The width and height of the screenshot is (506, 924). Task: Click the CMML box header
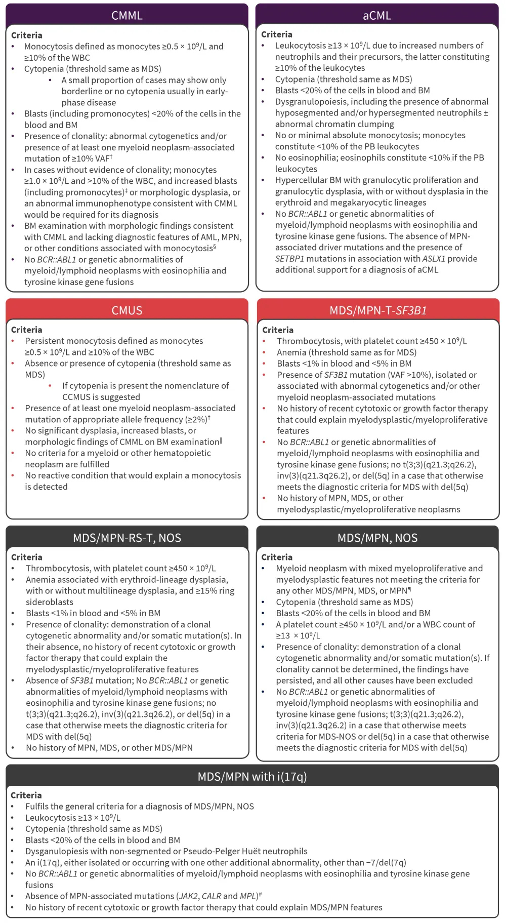pyautogui.click(x=126, y=15)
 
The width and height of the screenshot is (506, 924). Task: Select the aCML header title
pyautogui.click(x=377, y=15)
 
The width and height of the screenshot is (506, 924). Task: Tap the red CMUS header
pyautogui.click(x=126, y=310)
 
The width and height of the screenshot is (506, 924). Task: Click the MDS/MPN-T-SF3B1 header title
pyautogui.click(x=378, y=310)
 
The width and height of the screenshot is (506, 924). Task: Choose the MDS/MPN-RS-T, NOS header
pyautogui.click(x=126, y=538)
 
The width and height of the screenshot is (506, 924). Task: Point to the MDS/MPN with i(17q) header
pyautogui.click(x=252, y=776)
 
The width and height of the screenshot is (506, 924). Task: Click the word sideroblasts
pyautogui.click(x=50, y=602)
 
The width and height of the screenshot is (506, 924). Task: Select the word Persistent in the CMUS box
pyautogui.click(x=46, y=341)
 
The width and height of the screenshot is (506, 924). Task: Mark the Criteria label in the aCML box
pyautogui.click(x=276, y=34)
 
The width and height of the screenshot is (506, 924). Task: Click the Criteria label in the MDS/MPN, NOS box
pyautogui.click(x=276, y=557)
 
